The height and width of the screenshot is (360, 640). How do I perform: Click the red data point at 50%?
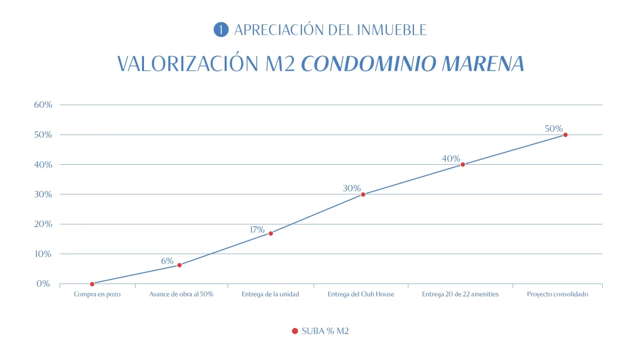tap(565, 135)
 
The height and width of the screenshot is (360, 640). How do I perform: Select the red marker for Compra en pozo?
tap(92, 284)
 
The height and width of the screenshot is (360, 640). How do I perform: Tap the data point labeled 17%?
tap(270, 233)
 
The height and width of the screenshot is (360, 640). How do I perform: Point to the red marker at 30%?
tap(363, 194)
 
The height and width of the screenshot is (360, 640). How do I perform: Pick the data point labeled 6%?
tap(179, 265)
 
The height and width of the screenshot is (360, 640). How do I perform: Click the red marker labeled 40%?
tap(463, 164)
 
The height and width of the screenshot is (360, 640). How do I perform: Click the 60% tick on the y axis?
tap(43, 105)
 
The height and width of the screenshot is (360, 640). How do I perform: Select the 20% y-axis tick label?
tap(43, 224)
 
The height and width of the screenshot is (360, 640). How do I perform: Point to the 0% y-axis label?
tap(43, 284)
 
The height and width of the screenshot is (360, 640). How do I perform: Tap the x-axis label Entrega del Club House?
tap(361, 294)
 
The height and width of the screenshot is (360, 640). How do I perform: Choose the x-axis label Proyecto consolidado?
tap(557, 294)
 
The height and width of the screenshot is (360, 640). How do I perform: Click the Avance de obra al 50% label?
tap(181, 294)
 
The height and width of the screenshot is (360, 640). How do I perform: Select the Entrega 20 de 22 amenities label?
tap(460, 294)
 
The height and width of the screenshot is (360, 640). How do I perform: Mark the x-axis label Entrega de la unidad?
tap(270, 294)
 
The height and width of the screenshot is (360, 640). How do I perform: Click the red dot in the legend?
tap(295, 331)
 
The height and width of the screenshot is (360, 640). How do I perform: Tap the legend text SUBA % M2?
tap(325, 331)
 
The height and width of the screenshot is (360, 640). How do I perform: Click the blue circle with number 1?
tap(221, 30)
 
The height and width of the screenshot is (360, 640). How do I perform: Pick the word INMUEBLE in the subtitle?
tap(392, 30)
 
